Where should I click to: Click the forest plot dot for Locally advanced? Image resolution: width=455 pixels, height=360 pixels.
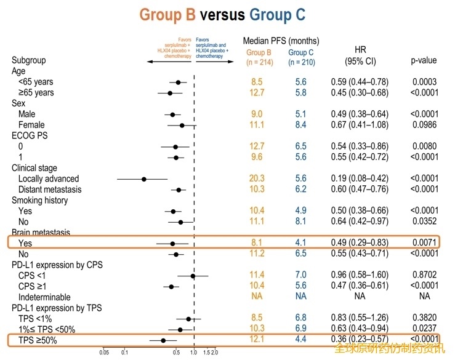click(143, 179)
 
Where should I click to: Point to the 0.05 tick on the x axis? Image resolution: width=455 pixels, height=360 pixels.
click(105, 353)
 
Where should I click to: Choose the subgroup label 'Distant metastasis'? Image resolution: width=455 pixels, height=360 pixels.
click(49, 190)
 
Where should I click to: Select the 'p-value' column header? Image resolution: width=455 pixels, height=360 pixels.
click(424, 60)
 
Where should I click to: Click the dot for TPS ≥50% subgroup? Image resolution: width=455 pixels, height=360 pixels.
click(163, 340)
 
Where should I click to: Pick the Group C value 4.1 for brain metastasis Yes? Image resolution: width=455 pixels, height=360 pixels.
click(300, 244)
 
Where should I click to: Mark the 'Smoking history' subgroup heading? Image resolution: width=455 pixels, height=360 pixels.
click(40, 201)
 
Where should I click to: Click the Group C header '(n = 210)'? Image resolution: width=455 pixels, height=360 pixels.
click(301, 62)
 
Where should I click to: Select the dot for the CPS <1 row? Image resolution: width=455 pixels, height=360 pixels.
click(193, 276)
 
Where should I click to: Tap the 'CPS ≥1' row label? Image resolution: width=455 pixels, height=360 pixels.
click(32, 287)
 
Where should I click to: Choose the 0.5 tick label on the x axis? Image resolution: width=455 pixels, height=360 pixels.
click(176, 353)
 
